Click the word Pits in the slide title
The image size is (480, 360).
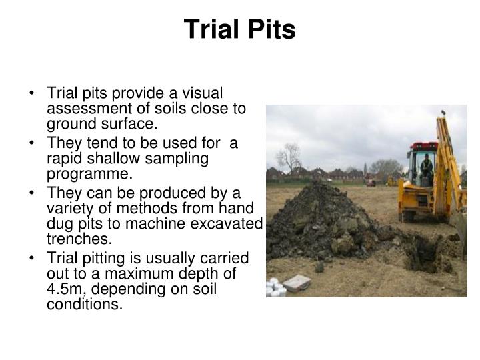pos(271,30)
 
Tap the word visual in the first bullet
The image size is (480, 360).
pos(203,94)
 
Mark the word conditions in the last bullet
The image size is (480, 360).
pos(85,304)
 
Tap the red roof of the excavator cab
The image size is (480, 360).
pos(423,145)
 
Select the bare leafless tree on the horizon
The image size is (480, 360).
pos(289,157)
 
